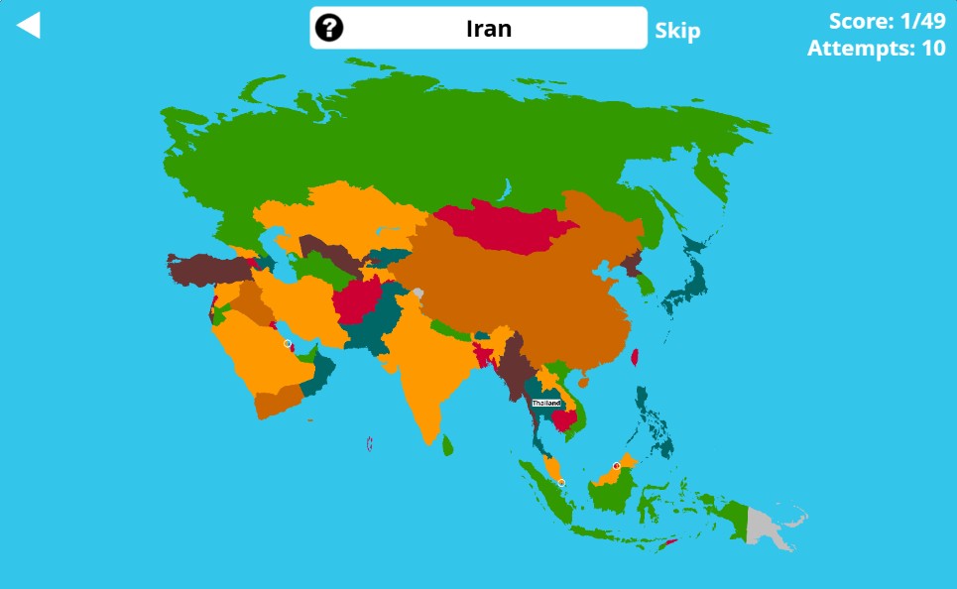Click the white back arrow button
point(29,25)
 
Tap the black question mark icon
point(328,28)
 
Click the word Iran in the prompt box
point(489,28)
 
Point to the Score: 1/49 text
point(887,21)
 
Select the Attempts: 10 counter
point(876,48)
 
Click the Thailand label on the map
point(546,404)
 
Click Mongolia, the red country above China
point(496,229)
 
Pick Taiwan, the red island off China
point(635,357)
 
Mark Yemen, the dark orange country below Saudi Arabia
point(279,401)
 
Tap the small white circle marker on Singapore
point(561,483)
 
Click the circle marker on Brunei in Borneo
point(616,465)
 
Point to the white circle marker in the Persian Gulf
point(288,344)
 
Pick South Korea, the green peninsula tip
point(646,285)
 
